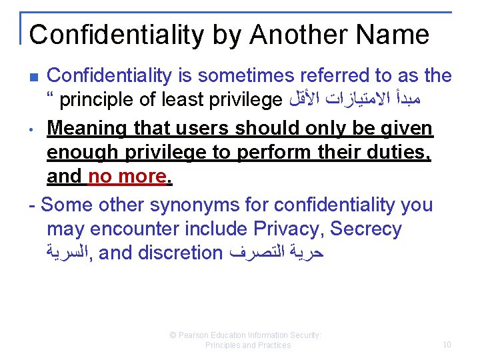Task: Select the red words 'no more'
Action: click(x=126, y=176)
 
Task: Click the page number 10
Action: click(x=447, y=345)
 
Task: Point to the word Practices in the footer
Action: click(x=273, y=345)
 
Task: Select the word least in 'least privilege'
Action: click(x=185, y=101)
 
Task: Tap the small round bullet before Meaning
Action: click(x=33, y=128)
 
